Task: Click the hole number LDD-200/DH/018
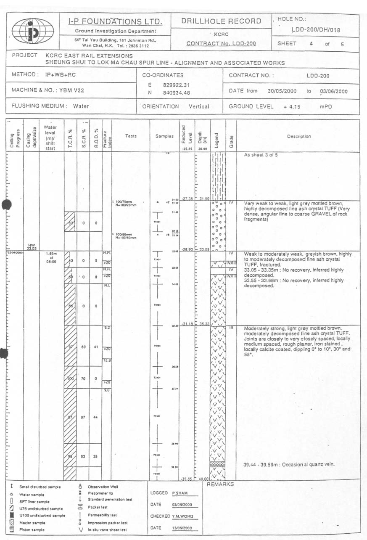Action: pyautogui.click(x=316, y=30)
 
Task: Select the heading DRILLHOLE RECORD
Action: pyautogui.click(x=221, y=21)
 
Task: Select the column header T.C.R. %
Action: pyautogui.click(x=71, y=135)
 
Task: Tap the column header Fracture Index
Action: pyautogui.click(x=106, y=135)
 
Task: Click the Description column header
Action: pyautogui.click(x=299, y=136)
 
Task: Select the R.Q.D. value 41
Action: pyautogui.click(x=96, y=347)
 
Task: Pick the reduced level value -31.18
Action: pyautogui.click(x=186, y=324)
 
